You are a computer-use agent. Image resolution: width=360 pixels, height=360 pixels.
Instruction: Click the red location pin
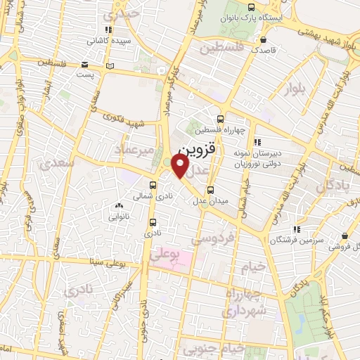coord(181,166)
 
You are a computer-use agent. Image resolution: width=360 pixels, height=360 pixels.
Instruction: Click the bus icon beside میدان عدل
coord(211,189)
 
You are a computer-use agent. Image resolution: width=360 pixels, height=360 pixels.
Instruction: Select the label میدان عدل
coord(211,201)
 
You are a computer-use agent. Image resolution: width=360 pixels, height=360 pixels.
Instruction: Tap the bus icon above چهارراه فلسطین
coord(221,119)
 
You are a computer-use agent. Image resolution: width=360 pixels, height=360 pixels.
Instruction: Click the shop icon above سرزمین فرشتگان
coord(297,229)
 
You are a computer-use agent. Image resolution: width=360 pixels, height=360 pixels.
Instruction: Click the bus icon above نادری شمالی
coord(153,186)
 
